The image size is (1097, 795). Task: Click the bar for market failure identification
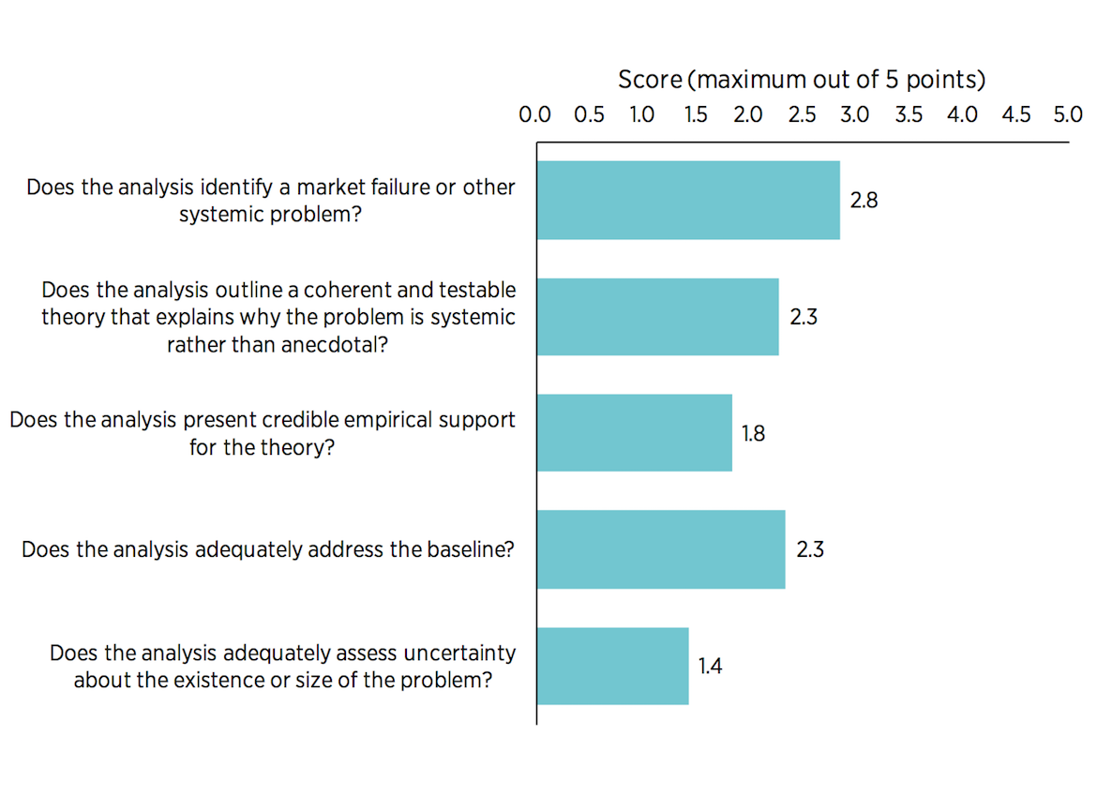click(x=687, y=200)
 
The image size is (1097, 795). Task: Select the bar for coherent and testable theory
click(x=657, y=317)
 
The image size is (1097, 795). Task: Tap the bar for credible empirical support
click(x=634, y=433)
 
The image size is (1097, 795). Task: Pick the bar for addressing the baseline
click(x=660, y=549)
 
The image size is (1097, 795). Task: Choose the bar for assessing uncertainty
click(x=612, y=667)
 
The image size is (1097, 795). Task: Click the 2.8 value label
click(x=864, y=200)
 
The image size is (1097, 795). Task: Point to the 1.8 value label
click(x=754, y=433)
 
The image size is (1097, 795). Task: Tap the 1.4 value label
click(x=710, y=667)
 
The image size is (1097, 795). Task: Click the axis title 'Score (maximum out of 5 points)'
click(x=802, y=80)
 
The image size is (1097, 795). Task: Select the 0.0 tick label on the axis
click(x=535, y=114)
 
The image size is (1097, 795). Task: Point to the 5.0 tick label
click(x=1068, y=114)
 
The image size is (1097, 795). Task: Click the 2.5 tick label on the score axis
click(x=802, y=114)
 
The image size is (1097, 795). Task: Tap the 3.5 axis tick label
click(x=909, y=114)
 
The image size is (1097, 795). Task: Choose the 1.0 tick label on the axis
click(x=642, y=114)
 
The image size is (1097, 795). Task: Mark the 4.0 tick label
click(x=962, y=114)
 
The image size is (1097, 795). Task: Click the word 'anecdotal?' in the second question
click(x=341, y=345)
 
